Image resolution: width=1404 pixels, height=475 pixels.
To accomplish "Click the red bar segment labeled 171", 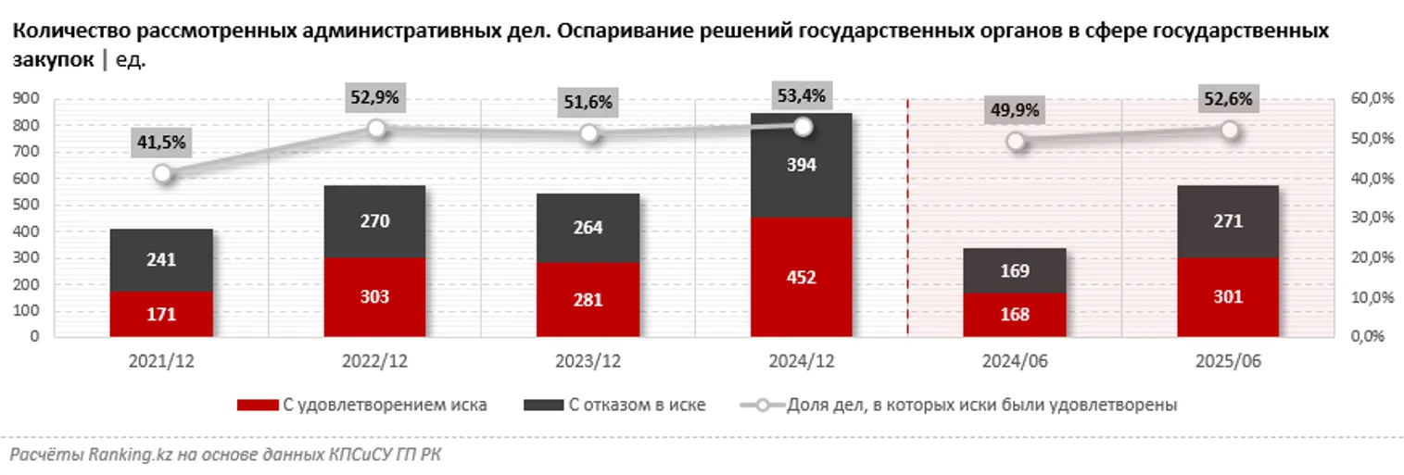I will coord(161,314).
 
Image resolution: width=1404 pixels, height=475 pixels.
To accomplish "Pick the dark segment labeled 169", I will coord(1014,270).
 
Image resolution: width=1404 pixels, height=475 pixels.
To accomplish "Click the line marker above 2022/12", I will coord(375,129).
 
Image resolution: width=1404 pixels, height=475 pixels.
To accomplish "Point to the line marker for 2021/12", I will coord(162,173).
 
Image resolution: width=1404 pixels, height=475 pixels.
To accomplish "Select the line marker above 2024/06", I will coord(1016,141).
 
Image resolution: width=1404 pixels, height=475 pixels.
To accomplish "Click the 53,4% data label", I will coord(803,94).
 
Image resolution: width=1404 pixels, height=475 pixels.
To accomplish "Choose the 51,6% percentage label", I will coord(588,102).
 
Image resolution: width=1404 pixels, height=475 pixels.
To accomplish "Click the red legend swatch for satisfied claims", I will coord(257,405).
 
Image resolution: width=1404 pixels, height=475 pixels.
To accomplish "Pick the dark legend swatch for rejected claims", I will coord(543,405).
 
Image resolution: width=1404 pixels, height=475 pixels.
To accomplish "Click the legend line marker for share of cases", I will coord(761,405).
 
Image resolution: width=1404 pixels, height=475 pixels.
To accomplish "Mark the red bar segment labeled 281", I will coord(588,300).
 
